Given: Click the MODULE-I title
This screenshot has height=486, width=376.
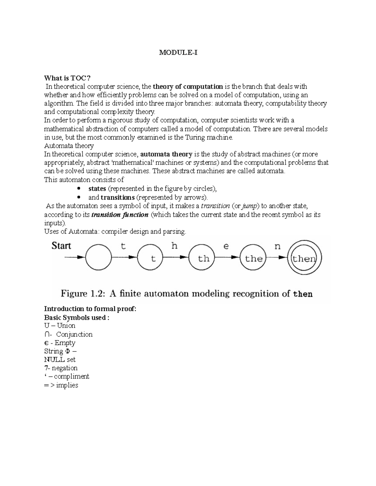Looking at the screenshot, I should [178, 53].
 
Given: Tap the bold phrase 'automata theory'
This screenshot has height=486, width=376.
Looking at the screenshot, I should [166, 154].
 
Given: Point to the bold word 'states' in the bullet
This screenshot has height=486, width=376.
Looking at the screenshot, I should [97, 189].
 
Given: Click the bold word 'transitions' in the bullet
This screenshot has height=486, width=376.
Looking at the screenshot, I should [120, 197].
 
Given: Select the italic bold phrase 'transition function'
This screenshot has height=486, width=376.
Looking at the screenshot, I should [120, 215].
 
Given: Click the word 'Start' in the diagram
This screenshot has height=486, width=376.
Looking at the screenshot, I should [61, 246].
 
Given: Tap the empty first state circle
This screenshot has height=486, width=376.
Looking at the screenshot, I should [98, 258].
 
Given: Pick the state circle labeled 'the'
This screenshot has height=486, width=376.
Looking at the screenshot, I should [253, 258].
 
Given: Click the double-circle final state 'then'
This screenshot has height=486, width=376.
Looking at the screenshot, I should [305, 258].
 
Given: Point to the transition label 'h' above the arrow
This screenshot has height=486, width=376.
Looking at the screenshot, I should [174, 246].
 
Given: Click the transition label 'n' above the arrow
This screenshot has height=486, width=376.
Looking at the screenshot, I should [277, 246].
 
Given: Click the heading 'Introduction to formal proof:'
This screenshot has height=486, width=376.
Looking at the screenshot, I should [91, 309].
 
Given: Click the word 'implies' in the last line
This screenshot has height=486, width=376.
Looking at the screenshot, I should [67, 385].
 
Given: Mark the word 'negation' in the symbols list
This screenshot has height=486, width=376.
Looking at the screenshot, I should [65, 368].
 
